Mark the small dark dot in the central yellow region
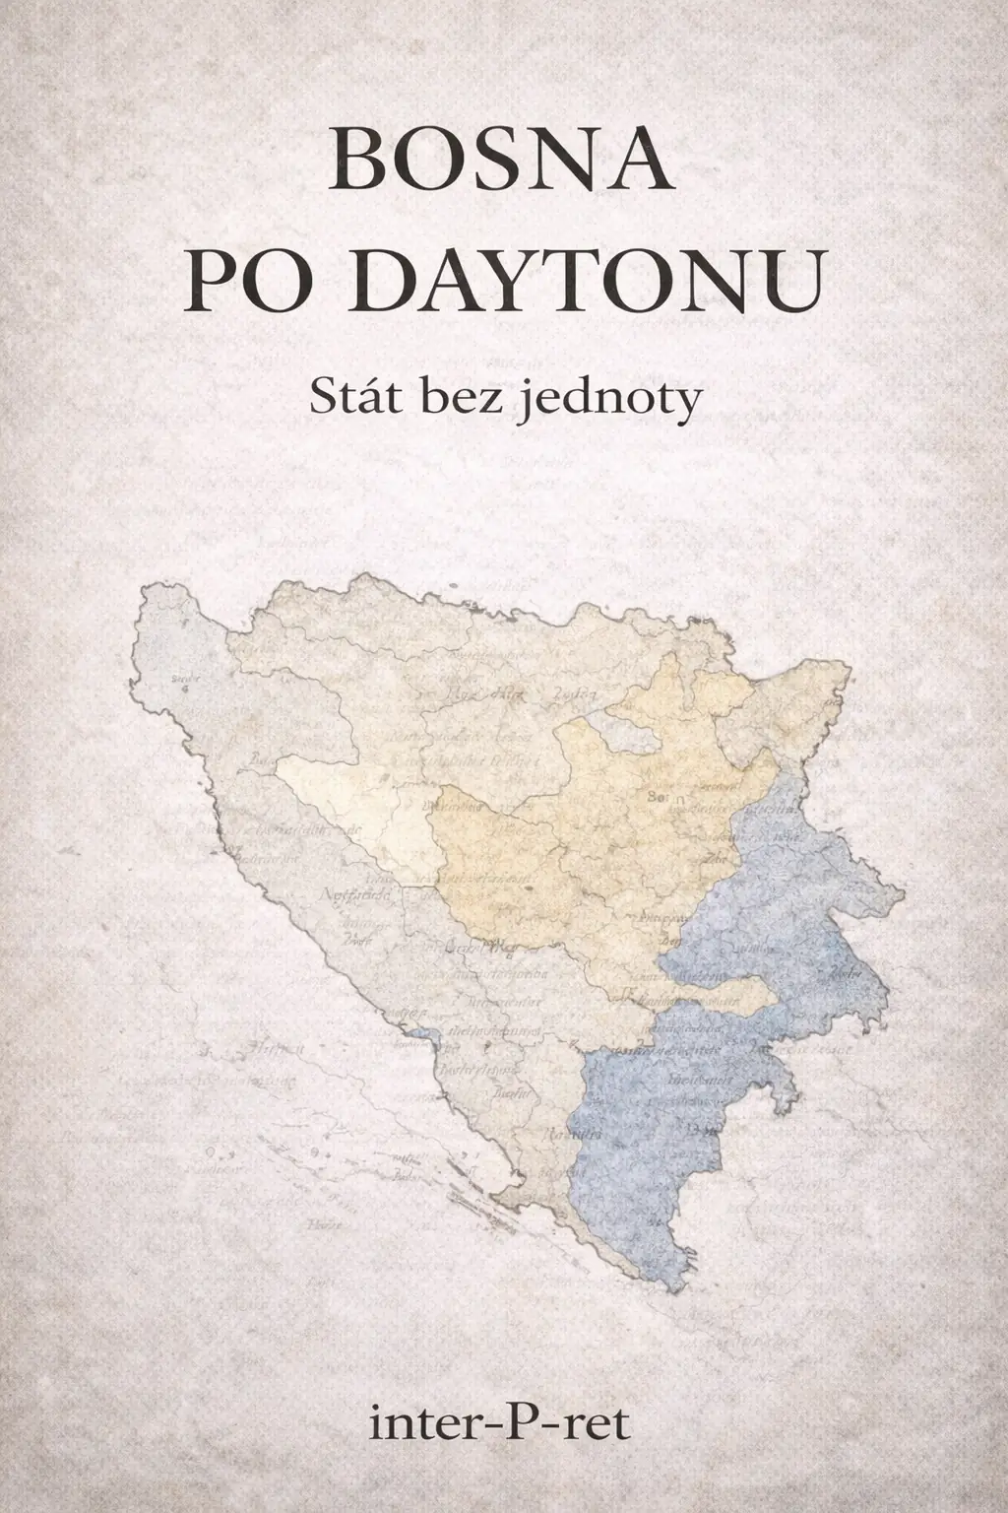[x=530, y=888]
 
